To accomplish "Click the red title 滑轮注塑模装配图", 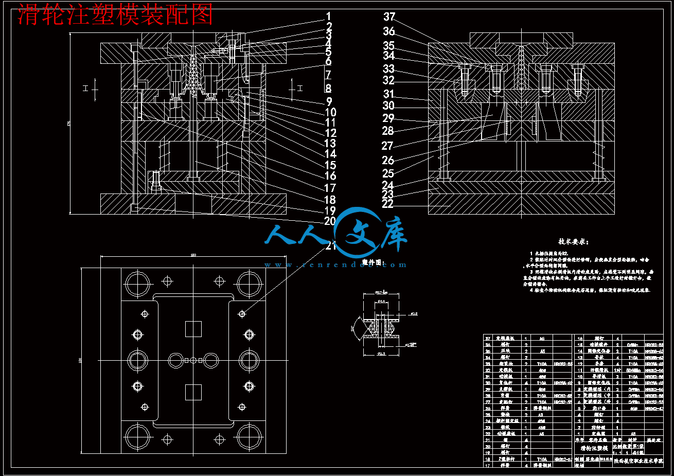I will (115, 15).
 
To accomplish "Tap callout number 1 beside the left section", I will (329, 17).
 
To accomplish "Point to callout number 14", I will (330, 153).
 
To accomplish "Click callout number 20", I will (330, 221).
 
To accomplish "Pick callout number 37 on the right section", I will (389, 17).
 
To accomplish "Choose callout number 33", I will (388, 69).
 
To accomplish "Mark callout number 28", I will (388, 131).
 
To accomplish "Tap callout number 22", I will (387, 204).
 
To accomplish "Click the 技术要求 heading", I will (573, 242).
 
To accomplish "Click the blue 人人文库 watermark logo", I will (337, 238).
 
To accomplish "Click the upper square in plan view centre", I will (193, 328).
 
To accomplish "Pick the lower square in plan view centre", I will (193, 392).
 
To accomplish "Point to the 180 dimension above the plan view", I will (193, 255).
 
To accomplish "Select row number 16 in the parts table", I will (580, 339).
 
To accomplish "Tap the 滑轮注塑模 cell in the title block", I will (594, 449).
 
